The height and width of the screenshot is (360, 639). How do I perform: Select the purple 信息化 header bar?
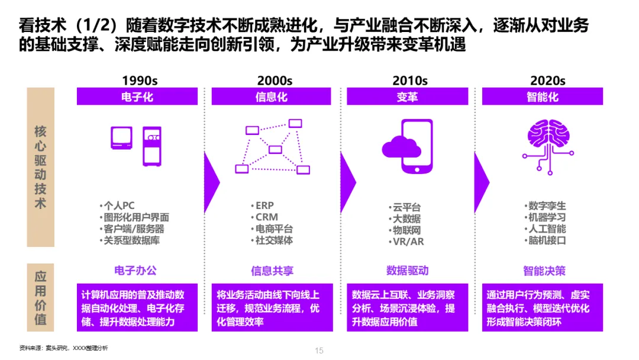[272, 97]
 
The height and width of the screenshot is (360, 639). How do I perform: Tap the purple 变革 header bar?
[407, 97]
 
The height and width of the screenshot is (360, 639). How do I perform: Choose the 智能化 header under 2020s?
[543, 97]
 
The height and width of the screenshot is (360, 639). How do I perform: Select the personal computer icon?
[135, 144]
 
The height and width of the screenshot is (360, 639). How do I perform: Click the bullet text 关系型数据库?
[132, 240]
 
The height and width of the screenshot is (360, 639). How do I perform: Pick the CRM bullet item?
[267, 217]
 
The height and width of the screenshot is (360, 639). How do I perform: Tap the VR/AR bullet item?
[408, 242]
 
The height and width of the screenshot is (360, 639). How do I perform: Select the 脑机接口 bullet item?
[547, 240]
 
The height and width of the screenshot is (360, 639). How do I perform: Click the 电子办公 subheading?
[136, 271]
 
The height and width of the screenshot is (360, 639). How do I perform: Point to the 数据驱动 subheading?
[407, 271]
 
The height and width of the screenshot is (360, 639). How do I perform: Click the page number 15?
[319, 351]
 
